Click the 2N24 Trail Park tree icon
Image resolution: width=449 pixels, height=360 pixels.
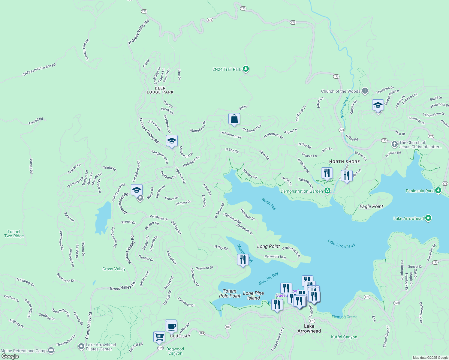246,69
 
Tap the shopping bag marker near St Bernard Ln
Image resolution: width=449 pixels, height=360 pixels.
234,119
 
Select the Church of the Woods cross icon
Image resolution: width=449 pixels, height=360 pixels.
365,91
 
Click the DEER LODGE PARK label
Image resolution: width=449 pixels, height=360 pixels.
160,90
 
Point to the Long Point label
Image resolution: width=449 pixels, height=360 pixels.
268,246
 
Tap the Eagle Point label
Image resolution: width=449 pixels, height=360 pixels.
371,206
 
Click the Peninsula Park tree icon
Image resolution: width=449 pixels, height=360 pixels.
438,190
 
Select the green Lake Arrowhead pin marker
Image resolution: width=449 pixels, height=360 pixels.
428,218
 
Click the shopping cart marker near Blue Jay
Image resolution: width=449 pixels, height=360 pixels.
159,337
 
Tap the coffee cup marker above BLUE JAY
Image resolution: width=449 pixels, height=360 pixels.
171,326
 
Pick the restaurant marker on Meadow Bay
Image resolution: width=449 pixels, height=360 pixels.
243,259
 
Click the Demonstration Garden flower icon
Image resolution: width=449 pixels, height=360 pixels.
327,191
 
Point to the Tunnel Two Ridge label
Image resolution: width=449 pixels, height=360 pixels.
14,234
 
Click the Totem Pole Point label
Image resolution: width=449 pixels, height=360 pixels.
230,293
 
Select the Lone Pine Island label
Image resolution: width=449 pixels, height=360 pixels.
254,295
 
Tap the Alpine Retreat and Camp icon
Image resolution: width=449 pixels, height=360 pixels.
51,350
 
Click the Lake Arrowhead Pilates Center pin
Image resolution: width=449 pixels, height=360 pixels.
81,346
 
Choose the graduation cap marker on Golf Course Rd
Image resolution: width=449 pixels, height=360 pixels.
137,190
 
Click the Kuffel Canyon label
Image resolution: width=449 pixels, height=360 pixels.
344,337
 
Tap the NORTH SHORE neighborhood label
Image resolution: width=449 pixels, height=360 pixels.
344,162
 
